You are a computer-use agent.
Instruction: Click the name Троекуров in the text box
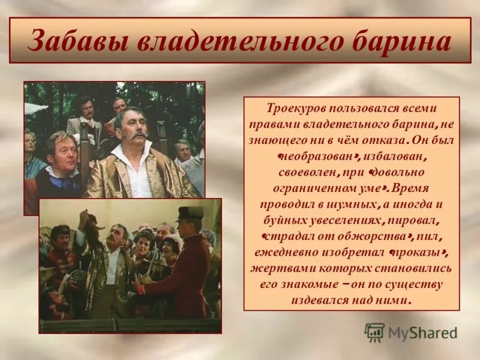(293, 109)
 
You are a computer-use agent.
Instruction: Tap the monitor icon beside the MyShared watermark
(374, 332)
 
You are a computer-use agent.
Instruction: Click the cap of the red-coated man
(190, 213)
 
